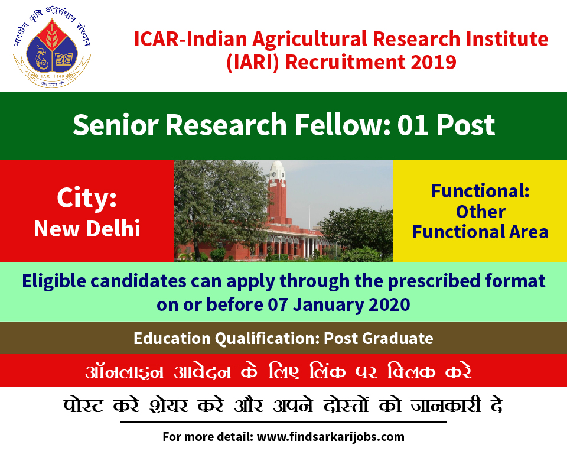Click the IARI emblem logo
tap(52, 47)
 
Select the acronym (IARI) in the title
tap(253, 62)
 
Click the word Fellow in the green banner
tap(343, 125)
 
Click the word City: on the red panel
tap(87, 198)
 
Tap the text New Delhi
tap(87, 228)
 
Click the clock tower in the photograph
tap(277, 192)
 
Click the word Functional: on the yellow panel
tap(480, 191)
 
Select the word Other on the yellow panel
tap(481, 212)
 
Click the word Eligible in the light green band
tap(54, 281)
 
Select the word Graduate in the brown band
tap(397, 339)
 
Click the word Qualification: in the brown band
tap(267, 339)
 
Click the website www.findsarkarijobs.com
tap(331, 437)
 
